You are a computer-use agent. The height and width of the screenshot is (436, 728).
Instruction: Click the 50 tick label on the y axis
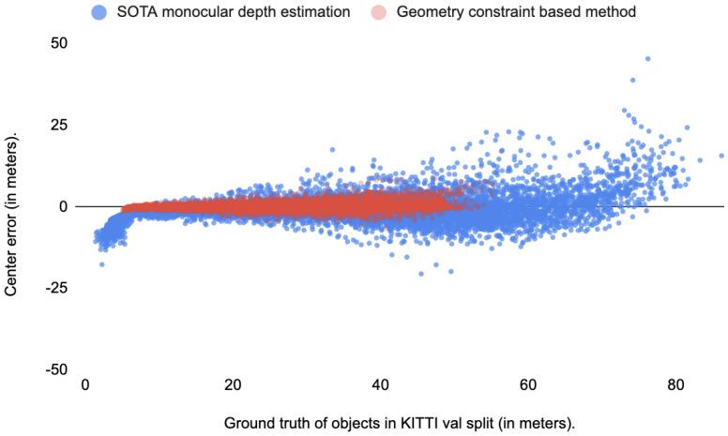(x=60, y=43)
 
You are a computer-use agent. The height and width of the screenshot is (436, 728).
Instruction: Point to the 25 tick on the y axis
(x=60, y=125)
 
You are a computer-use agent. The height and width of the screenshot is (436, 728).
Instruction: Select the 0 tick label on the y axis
(x=64, y=206)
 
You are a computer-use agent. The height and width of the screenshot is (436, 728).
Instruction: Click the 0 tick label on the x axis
(x=85, y=384)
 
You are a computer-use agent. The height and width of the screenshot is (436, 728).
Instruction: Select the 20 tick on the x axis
(x=233, y=384)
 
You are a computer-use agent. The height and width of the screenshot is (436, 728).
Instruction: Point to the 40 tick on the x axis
(x=380, y=384)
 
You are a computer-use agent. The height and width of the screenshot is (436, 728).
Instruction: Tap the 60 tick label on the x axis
(x=527, y=384)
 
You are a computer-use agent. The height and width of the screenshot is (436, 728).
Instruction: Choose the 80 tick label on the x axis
(x=675, y=384)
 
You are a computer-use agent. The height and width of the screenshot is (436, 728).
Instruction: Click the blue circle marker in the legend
(x=99, y=11)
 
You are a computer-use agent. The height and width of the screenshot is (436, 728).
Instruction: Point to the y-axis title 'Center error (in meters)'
(x=11, y=214)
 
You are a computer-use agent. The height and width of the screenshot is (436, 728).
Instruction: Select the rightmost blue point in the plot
(x=721, y=156)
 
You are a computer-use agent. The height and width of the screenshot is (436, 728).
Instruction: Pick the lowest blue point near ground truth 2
(x=101, y=264)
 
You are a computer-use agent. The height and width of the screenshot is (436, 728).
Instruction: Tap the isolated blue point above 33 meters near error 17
(x=331, y=149)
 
